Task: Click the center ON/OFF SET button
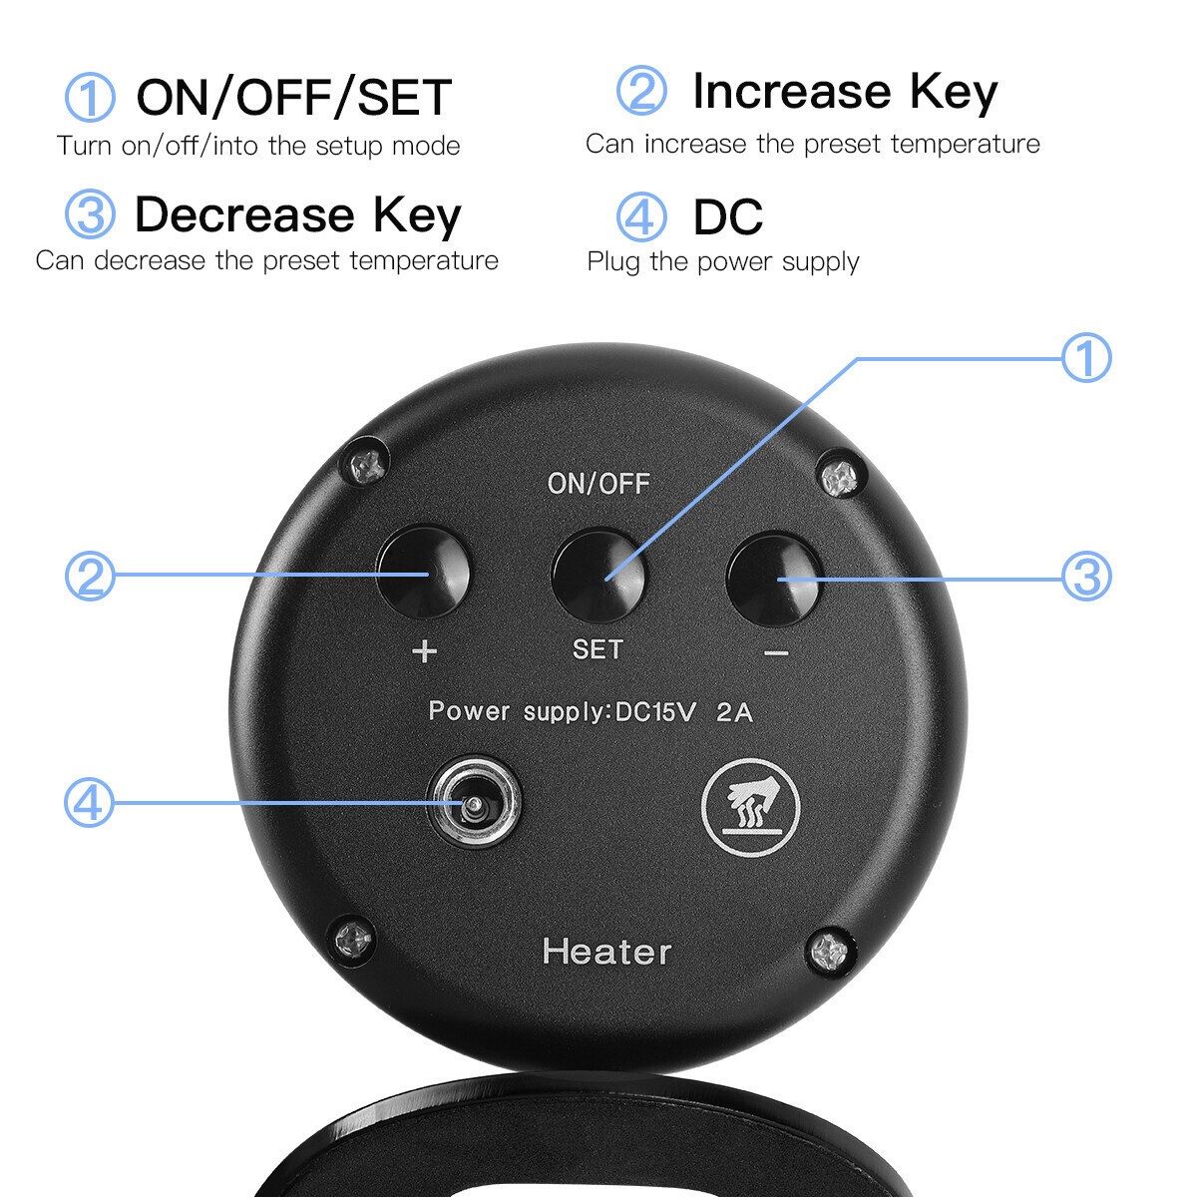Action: pos(598,576)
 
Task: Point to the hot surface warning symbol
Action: pos(750,807)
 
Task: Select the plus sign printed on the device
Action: pos(425,651)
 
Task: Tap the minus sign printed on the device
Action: pos(776,652)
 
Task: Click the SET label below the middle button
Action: pos(598,649)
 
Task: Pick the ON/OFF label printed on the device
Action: pos(598,484)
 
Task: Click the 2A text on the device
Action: pos(735,712)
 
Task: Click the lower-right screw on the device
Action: pos(831,951)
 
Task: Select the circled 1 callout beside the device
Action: pos(1086,358)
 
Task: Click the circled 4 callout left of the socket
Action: pos(90,803)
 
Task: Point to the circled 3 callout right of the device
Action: pos(1086,576)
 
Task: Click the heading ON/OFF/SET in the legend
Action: pos(294,97)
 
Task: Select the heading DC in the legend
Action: pos(728,216)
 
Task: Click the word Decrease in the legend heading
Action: pos(244,214)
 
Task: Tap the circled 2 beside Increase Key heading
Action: pos(641,91)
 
